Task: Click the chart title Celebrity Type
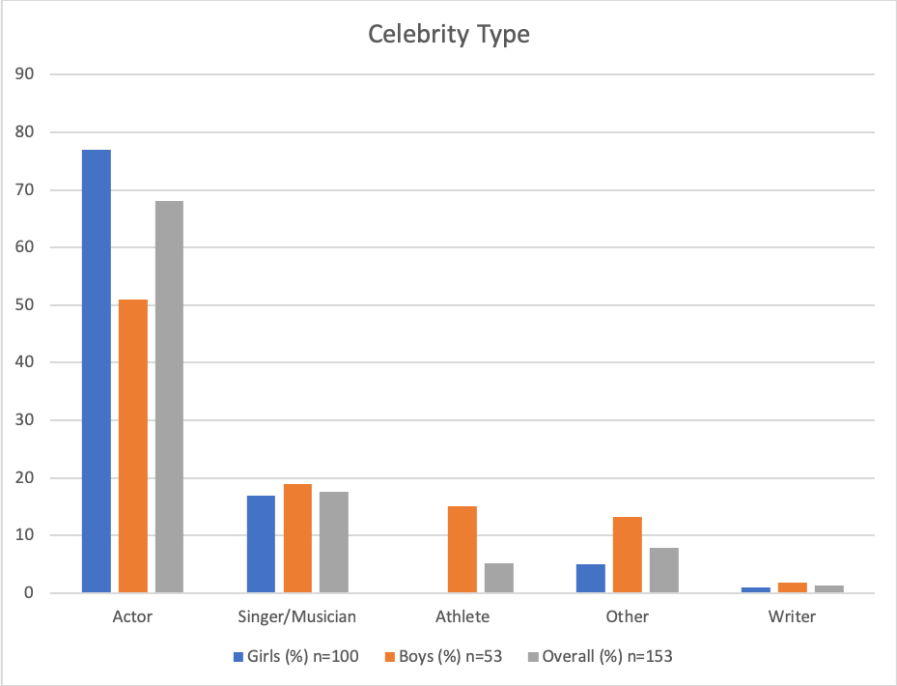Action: tap(449, 35)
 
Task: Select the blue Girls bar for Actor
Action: tap(97, 371)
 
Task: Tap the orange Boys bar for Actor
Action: tap(133, 446)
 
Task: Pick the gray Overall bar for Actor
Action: tap(169, 397)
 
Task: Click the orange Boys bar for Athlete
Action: tap(463, 550)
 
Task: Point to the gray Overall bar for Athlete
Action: tap(499, 578)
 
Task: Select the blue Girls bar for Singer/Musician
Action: tap(261, 544)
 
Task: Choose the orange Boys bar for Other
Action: tap(628, 555)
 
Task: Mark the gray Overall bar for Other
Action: tap(664, 570)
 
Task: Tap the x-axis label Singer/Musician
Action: tap(297, 616)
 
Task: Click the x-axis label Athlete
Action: tap(463, 616)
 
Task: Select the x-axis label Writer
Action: tap(793, 616)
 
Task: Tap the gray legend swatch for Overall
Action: tap(533, 657)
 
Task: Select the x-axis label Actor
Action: tap(133, 616)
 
